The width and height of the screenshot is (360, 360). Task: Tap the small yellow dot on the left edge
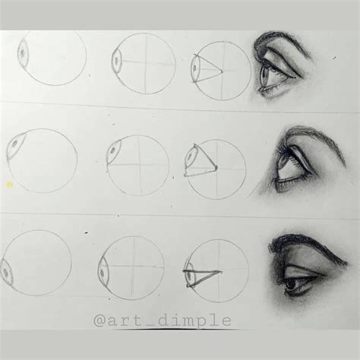pyautogui.click(x=8, y=184)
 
